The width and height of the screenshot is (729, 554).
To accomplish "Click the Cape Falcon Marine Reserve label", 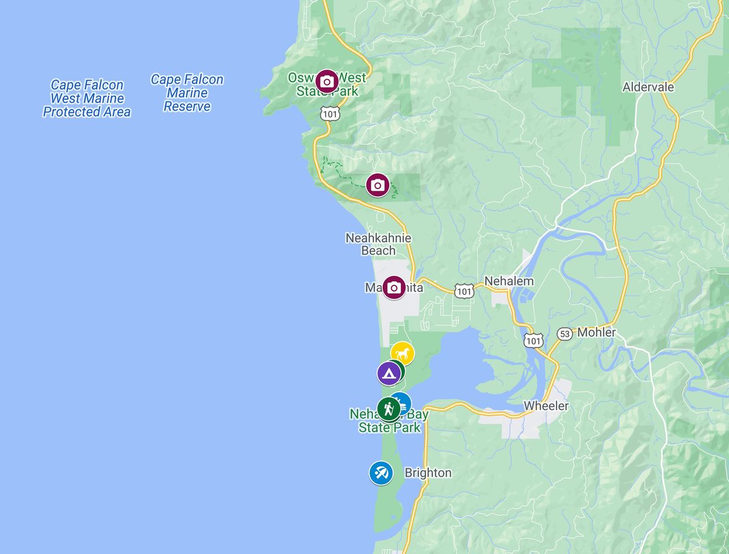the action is click(x=187, y=93).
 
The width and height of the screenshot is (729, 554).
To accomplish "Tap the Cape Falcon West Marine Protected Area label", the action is click(x=86, y=98).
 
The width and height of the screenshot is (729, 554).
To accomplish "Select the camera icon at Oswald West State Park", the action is click(x=327, y=81).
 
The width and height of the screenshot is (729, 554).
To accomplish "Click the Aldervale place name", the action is click(x=648, y=87).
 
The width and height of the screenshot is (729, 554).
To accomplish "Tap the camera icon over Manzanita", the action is click(x=394, y=287).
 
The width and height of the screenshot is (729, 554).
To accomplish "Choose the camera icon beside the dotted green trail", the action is click(x=378, y=185).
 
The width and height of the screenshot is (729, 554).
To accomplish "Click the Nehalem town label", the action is click(x=509, y=281).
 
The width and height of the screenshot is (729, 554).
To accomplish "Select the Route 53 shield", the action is click(x=564, y=334).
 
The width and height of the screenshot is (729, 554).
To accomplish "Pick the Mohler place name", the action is click(x=597, y=332).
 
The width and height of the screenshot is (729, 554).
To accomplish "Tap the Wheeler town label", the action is click(x=546, y=406).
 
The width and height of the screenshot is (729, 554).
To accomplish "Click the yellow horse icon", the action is click(x=402, y=353).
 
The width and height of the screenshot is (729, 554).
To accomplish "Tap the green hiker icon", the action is click(x=388, y=409).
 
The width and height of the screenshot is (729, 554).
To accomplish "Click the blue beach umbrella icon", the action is click(x=381, y=473).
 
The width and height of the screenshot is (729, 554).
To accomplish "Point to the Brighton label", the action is click(x=428, y=473).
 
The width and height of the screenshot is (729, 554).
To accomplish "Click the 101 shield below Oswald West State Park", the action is click(x=330, y=114).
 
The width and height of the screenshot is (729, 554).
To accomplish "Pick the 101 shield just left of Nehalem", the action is click(x=465, y=292).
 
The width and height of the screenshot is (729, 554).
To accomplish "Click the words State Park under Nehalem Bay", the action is click(x=389, y=428).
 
